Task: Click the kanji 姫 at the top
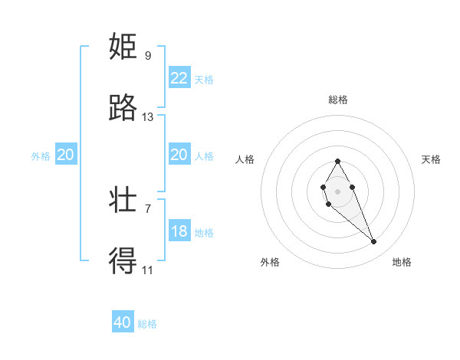(x=123, y=47)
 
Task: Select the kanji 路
(x=123, y=108)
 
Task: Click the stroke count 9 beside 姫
(x=148, y=55)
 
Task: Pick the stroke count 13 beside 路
(x=148, y=117)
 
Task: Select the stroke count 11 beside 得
(x=148, y=270)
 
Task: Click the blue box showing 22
(x=179, y=78)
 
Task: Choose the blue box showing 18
(x=179, y=231)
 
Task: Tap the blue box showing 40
(x=123, y=322)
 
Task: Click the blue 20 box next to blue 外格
(x=66, y=155)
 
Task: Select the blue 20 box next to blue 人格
(x=179, y=155)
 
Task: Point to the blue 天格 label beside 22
(x=204, y=79)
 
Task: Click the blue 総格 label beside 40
(x=147, y=323)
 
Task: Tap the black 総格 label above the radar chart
(x=338, y=100)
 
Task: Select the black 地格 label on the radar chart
(x=402, y=262)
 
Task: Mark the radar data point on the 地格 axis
(x=373, y=242)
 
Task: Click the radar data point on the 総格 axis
(x=337, y=161)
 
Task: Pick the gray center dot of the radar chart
(x=337, y=190)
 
